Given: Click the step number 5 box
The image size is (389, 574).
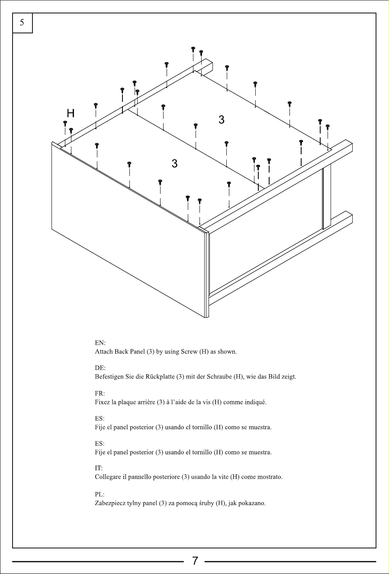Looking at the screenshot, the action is pyautogui.click(x=23, y=23).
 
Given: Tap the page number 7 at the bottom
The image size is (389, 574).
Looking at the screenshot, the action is pyautogui.click(x=195, y=561).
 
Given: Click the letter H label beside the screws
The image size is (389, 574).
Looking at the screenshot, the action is pyautogui.click(x=71, y=113).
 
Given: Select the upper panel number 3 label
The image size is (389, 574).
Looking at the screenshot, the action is pyautogui.click(x=222, y=120).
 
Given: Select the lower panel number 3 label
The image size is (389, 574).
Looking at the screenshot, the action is pyautogui.click(x=174, y=163).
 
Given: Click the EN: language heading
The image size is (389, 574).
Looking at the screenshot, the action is pyautogui.click(x=100, y=343).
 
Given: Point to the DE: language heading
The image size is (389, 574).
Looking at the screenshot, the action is pyautogui.click(x=100, y=368).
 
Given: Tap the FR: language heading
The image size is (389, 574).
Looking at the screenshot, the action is pyautogui.click(x=100, y=393).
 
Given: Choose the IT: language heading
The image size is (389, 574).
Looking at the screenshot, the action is pyautogui.click(x=99, y=468).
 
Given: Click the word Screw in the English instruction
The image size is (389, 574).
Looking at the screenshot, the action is pyautogui.click(x=189, y=352).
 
